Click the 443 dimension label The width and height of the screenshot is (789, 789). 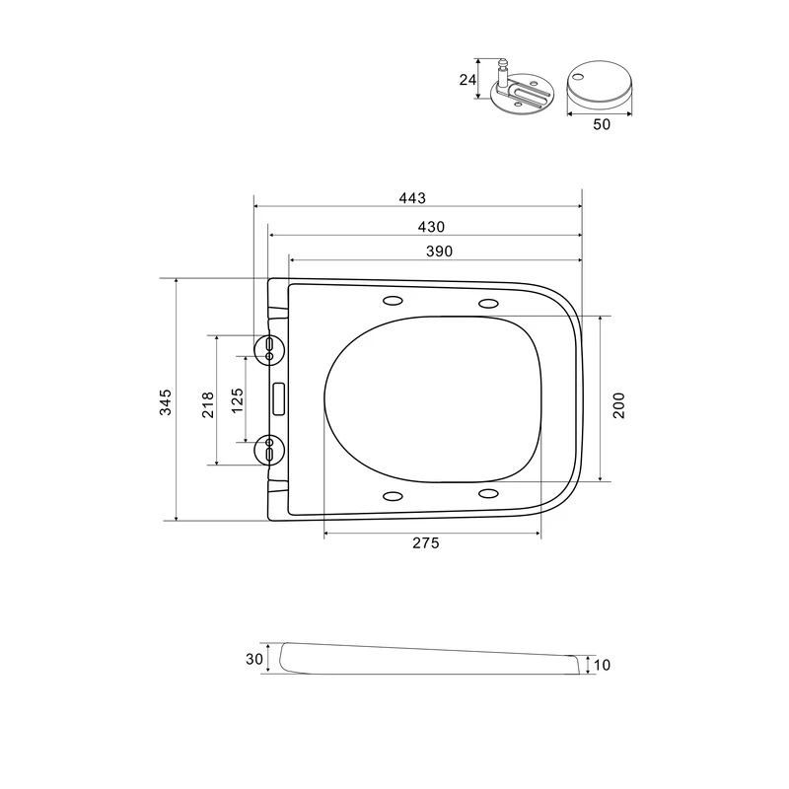412,198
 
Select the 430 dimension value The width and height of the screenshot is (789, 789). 431,227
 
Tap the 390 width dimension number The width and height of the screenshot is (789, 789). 439,251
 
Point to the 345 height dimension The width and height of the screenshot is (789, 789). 166,401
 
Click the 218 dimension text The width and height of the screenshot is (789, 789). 208,405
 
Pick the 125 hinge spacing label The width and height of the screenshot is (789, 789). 237,400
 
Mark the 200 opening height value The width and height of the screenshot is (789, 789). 619,405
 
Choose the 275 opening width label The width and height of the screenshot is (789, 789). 426,543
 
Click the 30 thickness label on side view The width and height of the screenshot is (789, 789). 254,659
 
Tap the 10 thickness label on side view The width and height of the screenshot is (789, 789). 602,665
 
